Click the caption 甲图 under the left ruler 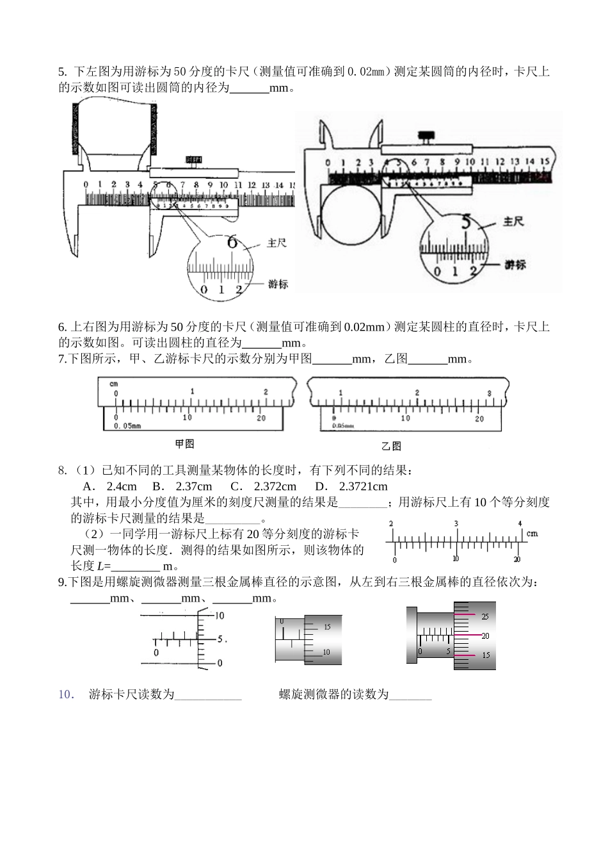184,443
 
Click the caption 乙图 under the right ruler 391,446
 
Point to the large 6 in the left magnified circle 232,242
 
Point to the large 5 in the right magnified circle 467,222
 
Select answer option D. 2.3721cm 351,486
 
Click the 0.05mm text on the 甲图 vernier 127,425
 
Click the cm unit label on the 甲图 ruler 113,384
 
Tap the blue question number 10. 67,694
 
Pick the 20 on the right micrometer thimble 485,636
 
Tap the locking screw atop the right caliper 424,137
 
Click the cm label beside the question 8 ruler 532,533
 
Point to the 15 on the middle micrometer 327,627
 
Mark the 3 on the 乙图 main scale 489,393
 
